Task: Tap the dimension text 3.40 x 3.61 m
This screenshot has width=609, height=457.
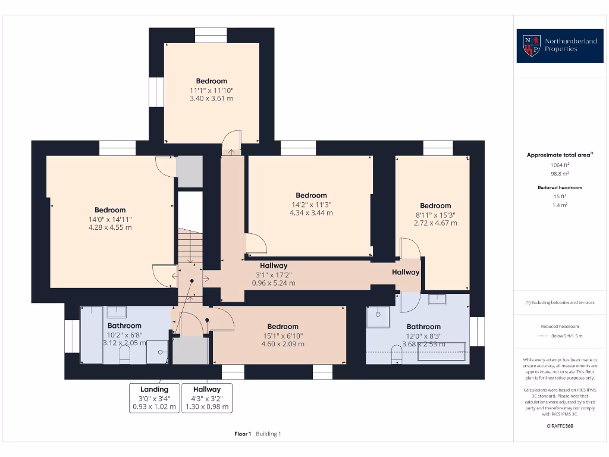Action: tap(211, 98)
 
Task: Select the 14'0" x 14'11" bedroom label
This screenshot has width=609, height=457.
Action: tap(110, 218)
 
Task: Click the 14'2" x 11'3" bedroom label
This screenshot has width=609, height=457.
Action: tap(311, 204)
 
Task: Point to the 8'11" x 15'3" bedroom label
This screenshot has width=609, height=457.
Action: tap(435, 214)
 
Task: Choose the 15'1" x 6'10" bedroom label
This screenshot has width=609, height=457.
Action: tap(282, 335)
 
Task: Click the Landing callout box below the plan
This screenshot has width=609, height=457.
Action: tap(154, 398)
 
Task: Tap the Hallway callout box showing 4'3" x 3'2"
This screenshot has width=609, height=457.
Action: tap(206, 398)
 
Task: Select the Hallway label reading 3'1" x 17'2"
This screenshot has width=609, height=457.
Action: tap(274, 274)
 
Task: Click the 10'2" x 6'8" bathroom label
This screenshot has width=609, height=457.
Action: tap(124, 334)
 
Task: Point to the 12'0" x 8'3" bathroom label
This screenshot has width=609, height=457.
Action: tap(423, 335)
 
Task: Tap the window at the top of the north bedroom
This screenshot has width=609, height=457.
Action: tap(211, 35)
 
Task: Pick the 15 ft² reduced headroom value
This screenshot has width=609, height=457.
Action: tap(559, 196)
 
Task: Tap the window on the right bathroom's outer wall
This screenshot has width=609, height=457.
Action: tap(477, 331)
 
